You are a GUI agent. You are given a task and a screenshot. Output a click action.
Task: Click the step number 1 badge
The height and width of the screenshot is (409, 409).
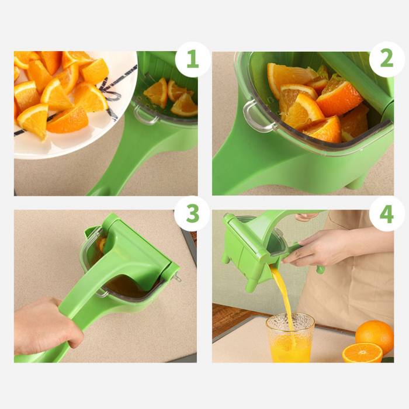click(192, 60)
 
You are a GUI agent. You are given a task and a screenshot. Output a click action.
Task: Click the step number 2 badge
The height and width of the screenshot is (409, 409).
click(387, 60)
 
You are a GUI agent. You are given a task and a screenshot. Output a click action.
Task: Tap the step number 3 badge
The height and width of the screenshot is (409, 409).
click(192, 214)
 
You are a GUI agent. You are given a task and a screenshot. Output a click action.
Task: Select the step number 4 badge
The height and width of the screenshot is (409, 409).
click(387, 214)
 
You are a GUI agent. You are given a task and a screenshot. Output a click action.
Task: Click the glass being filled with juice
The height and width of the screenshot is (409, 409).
click(290, 339)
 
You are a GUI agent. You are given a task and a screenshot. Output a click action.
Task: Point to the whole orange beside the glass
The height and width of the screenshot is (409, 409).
click(375, 336)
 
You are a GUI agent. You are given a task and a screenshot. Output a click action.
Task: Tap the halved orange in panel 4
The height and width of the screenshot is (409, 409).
click(362, 353)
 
